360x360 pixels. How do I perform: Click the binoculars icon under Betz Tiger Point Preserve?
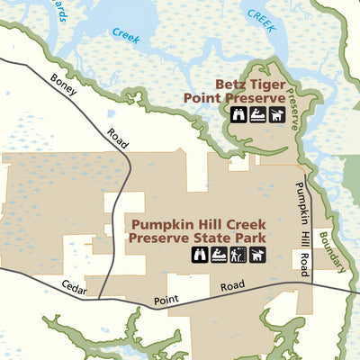tap(239, 114)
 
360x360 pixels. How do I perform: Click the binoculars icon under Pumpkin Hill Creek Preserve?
tap(200, 255)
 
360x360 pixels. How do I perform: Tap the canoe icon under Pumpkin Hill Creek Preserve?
tap(219, 255)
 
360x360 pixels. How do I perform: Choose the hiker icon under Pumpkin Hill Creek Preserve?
tap(238, 255)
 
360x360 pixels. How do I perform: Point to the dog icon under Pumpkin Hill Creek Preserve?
tap(256, 255)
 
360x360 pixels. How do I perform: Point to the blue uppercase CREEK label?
tap(261, 15)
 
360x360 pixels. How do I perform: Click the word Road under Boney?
tap(118, 137)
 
